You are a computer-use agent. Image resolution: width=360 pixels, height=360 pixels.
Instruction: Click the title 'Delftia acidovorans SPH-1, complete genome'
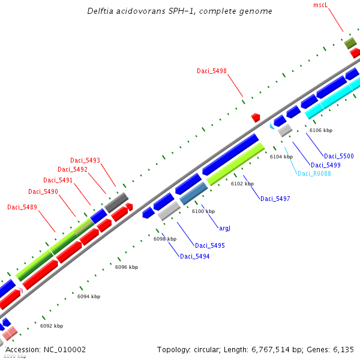[179, 11]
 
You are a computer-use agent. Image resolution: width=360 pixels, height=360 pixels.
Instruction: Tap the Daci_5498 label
[212, 71]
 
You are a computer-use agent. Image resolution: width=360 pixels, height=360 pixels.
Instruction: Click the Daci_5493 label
[85, 160]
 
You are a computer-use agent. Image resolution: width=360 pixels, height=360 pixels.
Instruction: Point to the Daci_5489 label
[22, 207]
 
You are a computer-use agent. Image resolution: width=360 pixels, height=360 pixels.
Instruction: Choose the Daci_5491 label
[58, 180]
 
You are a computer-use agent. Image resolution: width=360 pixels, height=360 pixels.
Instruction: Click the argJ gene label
[225, 229]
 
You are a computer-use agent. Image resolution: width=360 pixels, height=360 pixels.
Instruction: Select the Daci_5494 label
[194, 256]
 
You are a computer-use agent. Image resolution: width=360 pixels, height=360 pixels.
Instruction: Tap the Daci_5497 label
[275, 199]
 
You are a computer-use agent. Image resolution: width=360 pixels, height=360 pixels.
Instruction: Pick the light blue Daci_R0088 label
[314, 173]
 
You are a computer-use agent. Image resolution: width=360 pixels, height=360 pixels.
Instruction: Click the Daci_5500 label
[339, 156]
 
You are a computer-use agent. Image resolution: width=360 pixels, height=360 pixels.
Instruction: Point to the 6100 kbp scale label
[203, 211]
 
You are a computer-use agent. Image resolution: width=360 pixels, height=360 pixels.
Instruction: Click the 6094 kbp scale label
[89, 296]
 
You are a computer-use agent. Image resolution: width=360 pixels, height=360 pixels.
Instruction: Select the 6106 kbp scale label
[321, 130]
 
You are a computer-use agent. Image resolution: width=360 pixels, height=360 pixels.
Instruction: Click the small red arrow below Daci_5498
[256, 117]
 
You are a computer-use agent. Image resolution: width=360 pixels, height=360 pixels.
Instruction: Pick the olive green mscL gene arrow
[350, 43]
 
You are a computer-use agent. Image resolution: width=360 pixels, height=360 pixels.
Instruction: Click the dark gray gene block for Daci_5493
[116, 202]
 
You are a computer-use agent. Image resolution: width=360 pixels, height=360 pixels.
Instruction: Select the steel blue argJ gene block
[193, 194]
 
